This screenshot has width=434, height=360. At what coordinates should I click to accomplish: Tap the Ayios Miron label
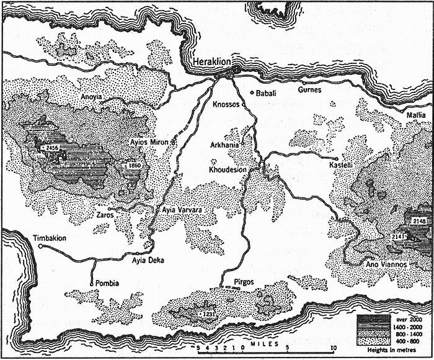click(x=149, y=142)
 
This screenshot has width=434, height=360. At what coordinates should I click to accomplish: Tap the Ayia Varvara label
click(x=183, y=210)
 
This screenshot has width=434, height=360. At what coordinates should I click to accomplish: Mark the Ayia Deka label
click(x=148, y=261)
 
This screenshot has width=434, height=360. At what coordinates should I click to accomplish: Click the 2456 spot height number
click(x=52, y=148)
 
